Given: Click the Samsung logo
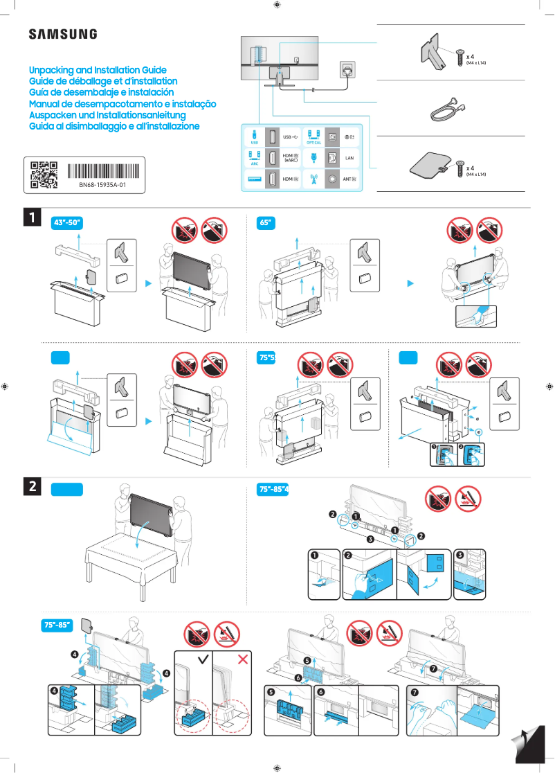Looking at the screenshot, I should (x=62, y=34).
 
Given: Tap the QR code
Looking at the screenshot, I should (x=44, y=175).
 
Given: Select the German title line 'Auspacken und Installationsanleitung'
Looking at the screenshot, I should (x=107, y=115).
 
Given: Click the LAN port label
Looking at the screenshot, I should (x=349, y=158).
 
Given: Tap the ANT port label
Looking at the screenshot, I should (x=349, y=179).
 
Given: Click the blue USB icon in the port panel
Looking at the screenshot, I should (x=254, y=136).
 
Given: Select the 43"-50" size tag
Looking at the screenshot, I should (x=68, y=222).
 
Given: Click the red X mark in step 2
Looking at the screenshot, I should (x=243, y=659).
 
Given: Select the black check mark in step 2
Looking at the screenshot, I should (x=203, y=659).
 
